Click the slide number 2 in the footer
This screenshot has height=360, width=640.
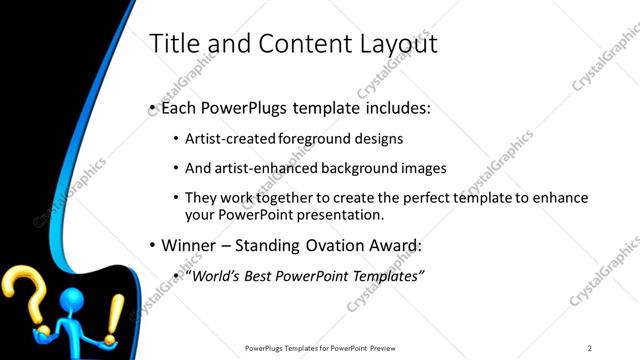(590, 347)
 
